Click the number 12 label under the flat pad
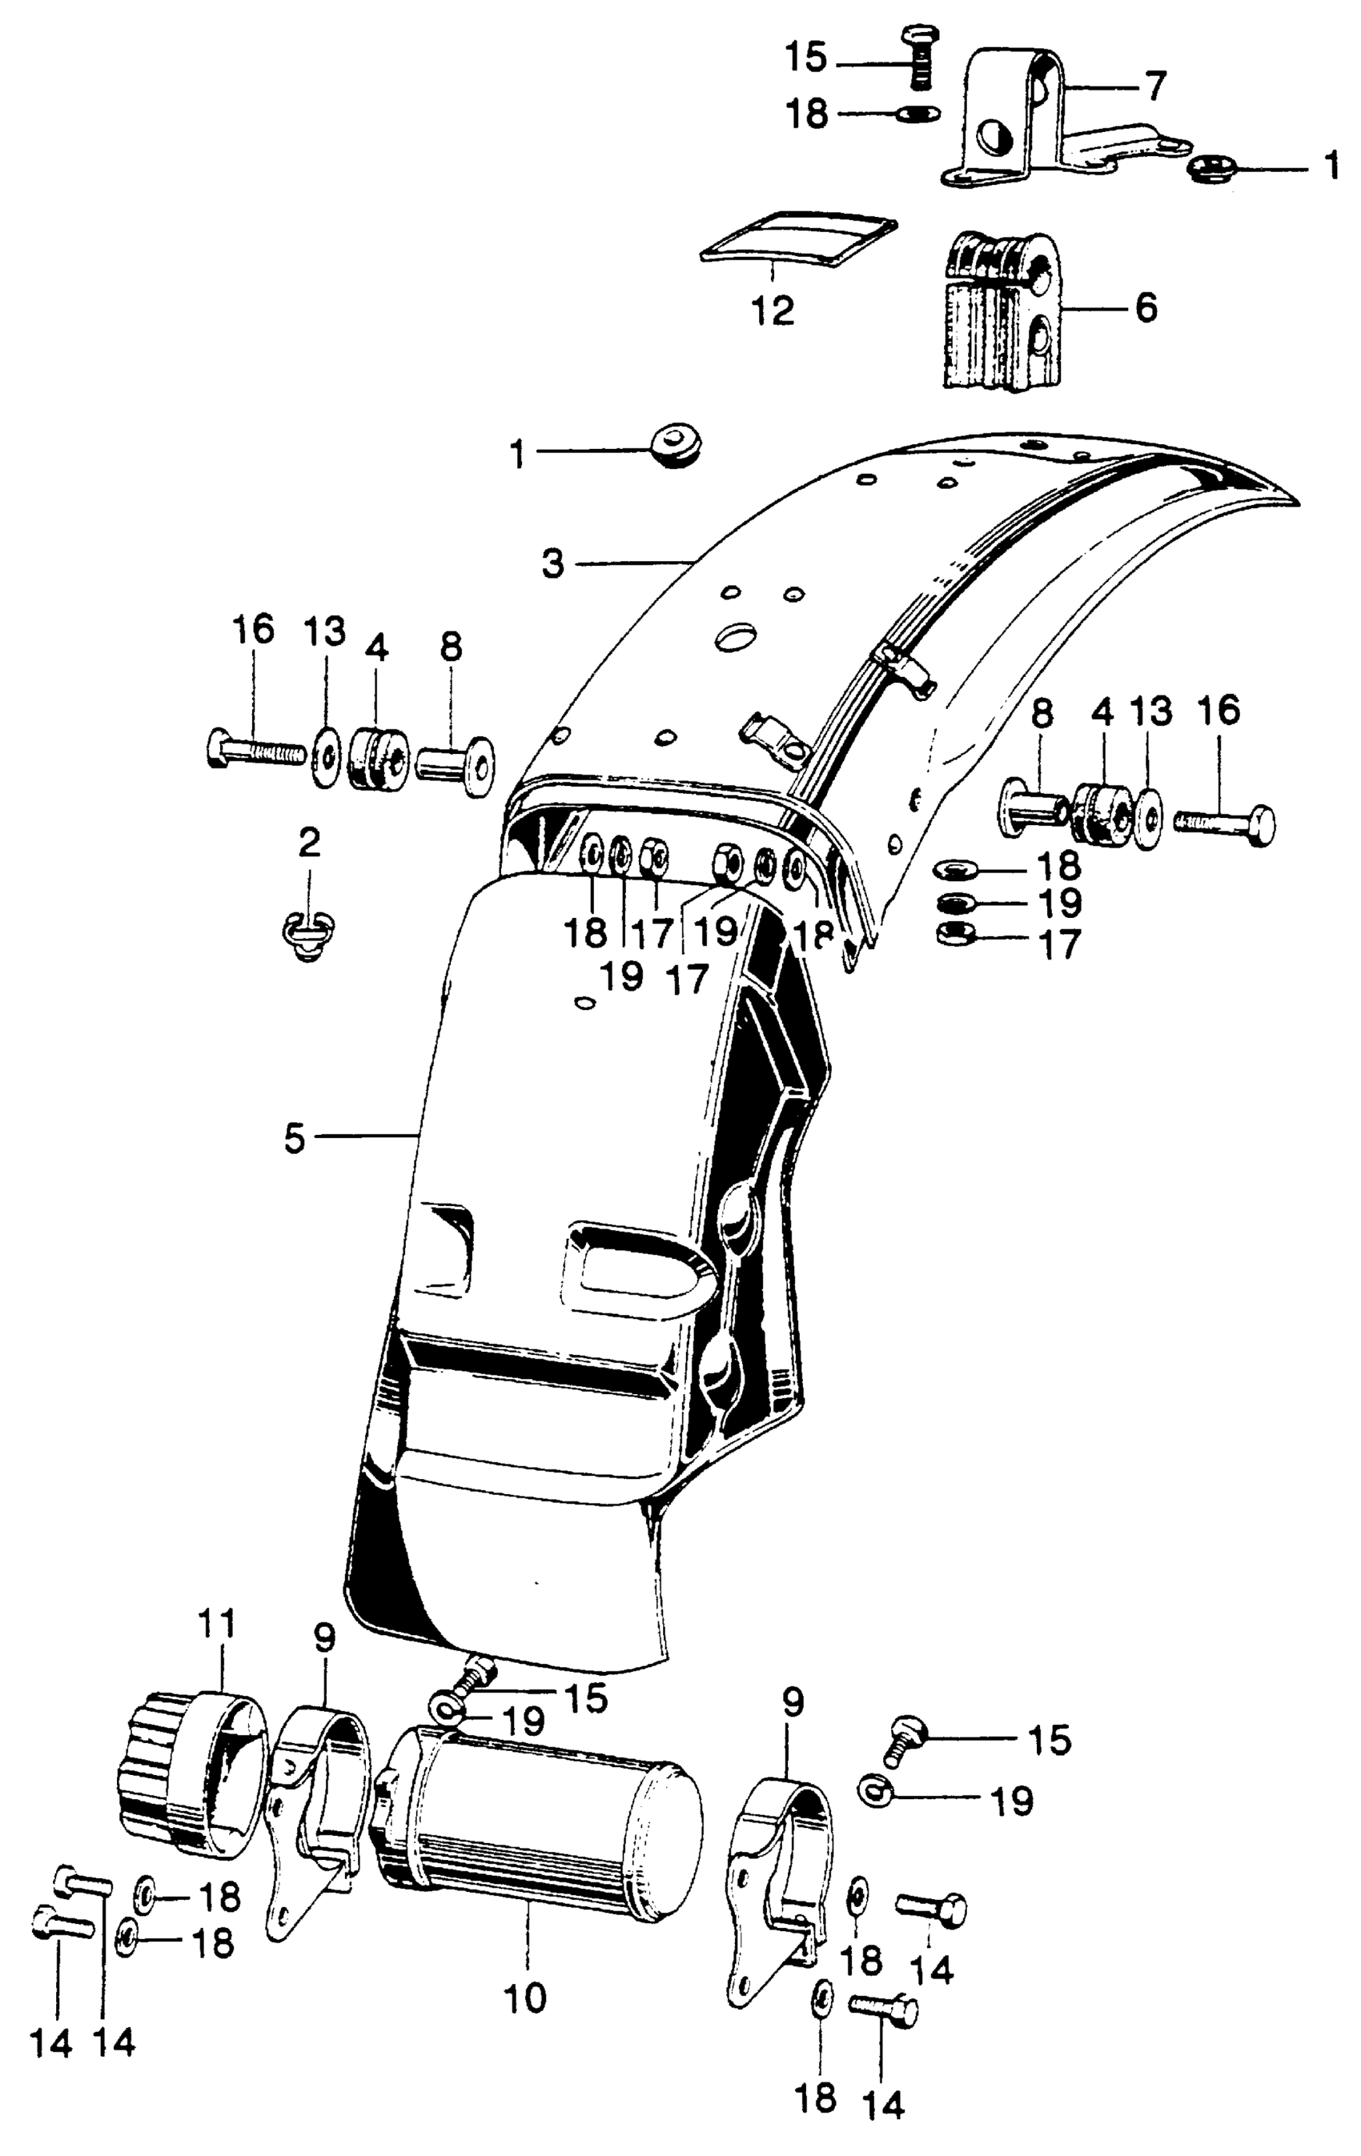[773, 311]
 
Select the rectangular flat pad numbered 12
[798, 236]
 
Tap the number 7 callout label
[1155, 88]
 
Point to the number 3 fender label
[553, 564]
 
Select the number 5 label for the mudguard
[295, 1138]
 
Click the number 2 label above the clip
[309, 843]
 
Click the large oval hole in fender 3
[739, 638]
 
